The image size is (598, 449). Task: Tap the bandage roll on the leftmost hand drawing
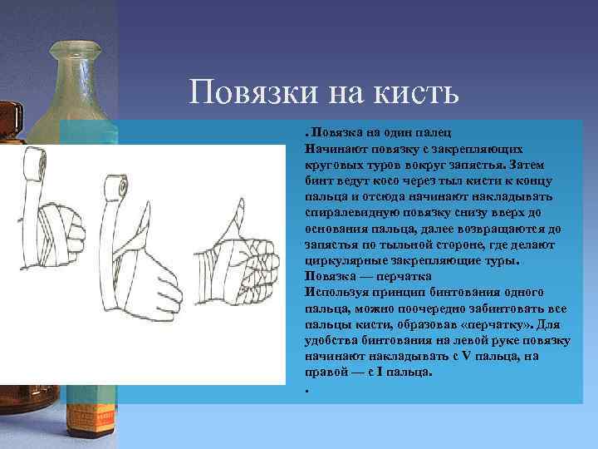click(x=34, y=162)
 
